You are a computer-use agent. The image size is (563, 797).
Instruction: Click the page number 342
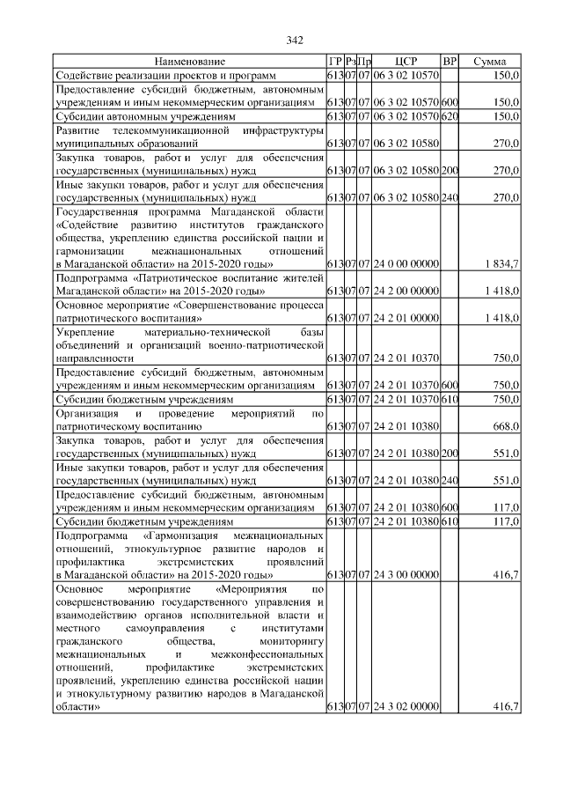click(x=294, y=40)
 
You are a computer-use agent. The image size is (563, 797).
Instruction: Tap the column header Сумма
click(x=489, y=63)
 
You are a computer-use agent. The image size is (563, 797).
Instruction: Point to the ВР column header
click(x=450, y=63)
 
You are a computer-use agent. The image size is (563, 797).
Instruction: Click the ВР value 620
click(x=450, y=115)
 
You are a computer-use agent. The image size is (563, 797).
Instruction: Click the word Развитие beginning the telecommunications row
click(x=78, y=129)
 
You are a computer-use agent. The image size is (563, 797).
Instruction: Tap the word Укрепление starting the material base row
click(x=85, y=332)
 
